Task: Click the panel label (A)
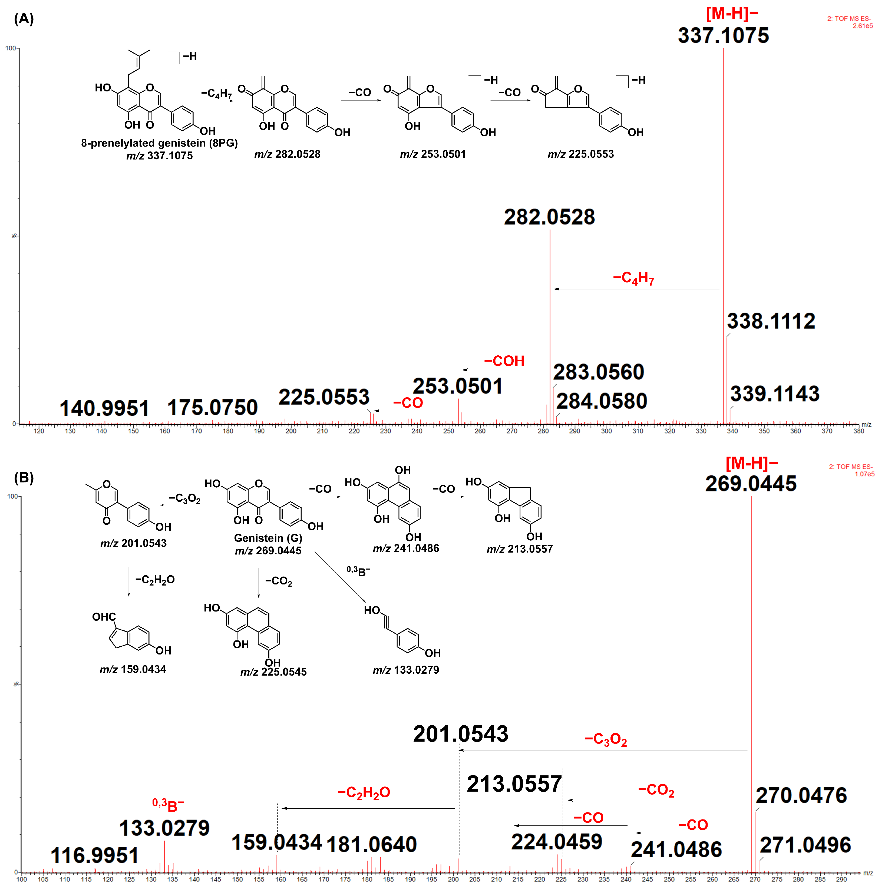24,19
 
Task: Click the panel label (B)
24,478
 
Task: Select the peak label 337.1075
723,36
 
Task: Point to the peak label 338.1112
771,321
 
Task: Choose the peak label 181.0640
372,844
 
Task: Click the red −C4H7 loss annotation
633,278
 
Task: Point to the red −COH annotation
504,361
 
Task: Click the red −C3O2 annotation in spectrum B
606,739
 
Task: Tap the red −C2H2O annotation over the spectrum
364,792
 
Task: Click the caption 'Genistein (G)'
268,538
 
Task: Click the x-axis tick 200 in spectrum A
291,431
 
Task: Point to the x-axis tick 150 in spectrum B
237,880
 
